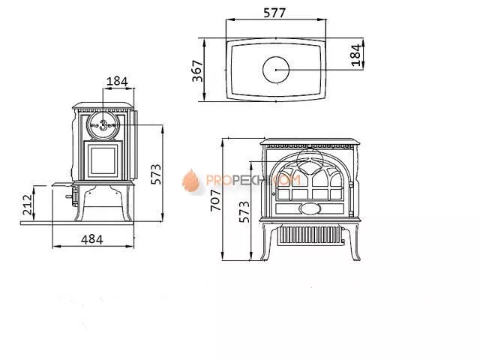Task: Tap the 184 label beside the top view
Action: coord(356,53)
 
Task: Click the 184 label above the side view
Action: coord(117,81)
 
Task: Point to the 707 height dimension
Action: coord(216,200)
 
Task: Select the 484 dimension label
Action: coord(91,238)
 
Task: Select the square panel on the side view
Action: coord(101,160)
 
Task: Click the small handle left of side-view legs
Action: coord(73,198)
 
